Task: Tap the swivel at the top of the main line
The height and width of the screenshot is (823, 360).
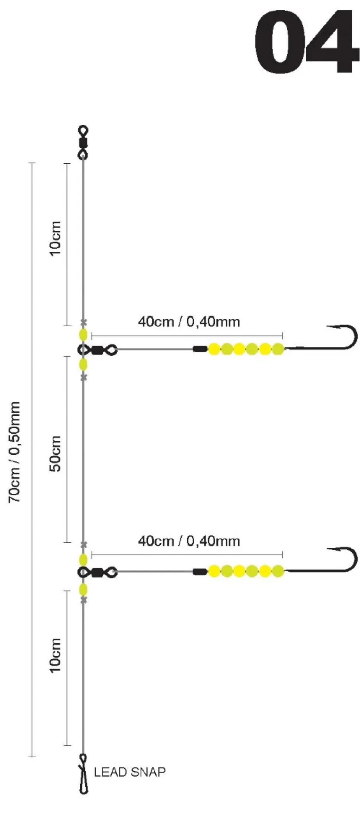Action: click(x=83, y=143)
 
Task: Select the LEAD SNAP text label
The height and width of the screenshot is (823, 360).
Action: click(x=130, y=772)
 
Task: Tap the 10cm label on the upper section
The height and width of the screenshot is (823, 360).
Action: click(x=55, y=238)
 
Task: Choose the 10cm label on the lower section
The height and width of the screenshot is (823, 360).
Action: click(x=55, y=656)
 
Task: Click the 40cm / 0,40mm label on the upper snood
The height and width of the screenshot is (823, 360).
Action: click(x=189, y=321)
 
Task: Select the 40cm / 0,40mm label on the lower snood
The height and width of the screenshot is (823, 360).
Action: click(x=189, y=541)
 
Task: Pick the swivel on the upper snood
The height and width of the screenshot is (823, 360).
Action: click(x=98, y=350)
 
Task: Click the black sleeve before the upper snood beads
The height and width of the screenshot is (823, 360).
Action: click(x=200, y=349)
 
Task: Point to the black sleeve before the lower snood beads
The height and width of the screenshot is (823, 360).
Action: click(x=200, y=571)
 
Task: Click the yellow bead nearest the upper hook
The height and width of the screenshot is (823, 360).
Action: click(x=278, y=349)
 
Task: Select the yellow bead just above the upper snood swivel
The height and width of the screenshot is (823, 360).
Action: click(x=83, y=334)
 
